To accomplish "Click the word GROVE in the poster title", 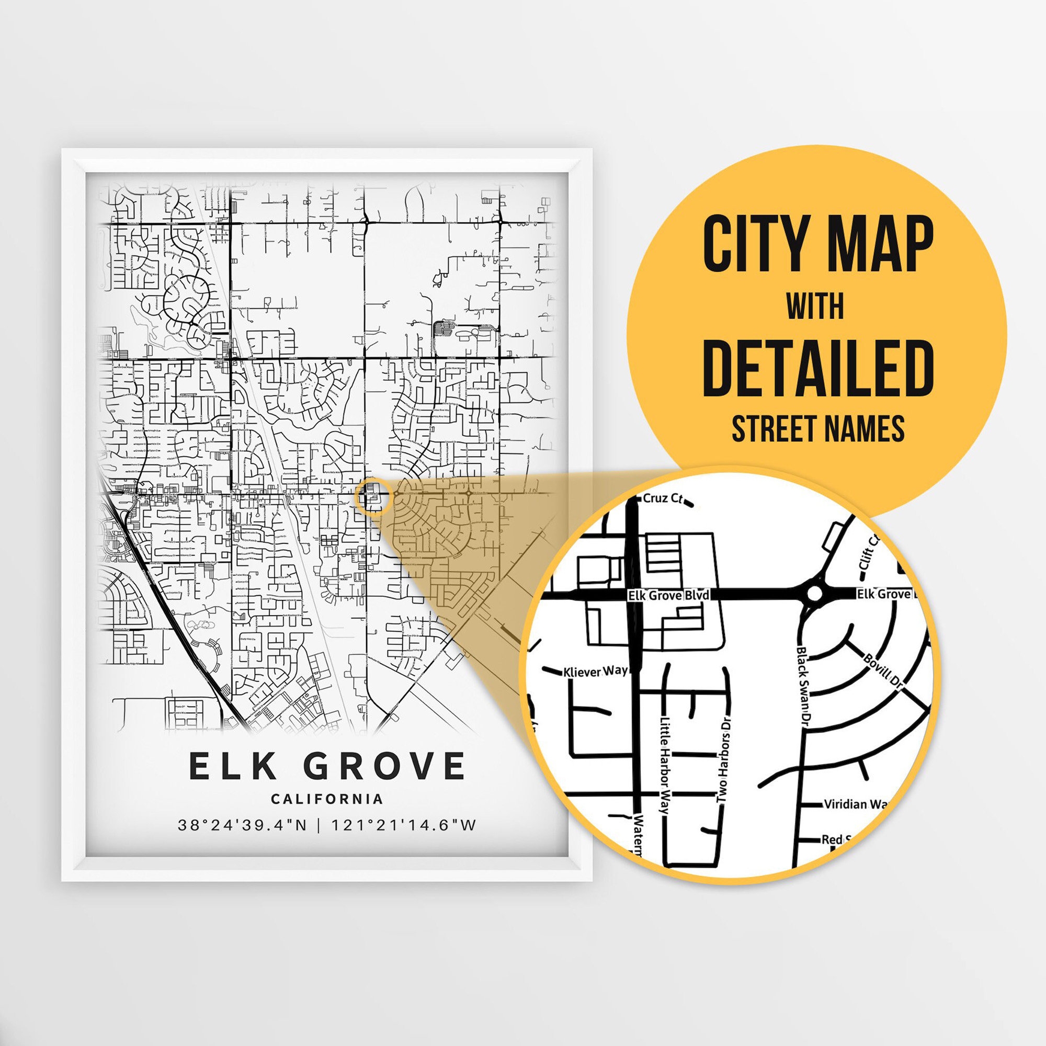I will click(x=384, y=766).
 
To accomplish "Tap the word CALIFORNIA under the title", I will click(x=327, y=799).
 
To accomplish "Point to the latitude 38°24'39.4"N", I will click(x=243, y=825).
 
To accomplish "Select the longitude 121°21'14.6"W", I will click(x=404, y=825).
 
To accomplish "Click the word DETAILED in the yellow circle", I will click(x=817, y=368).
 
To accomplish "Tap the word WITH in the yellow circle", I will click(x=815, y=306).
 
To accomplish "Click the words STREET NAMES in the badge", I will click(x=818, y=429).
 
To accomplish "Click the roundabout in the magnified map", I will click(x=814, y=594).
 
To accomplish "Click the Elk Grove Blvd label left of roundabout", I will click(x=668, y=596).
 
